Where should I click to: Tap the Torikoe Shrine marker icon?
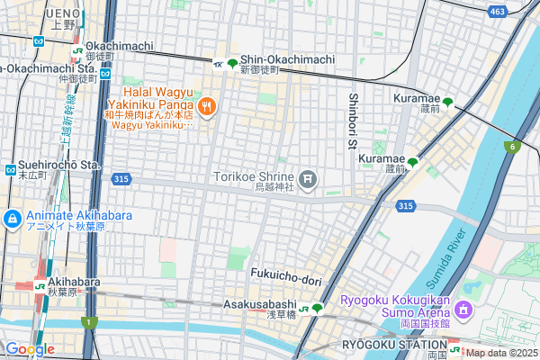309,181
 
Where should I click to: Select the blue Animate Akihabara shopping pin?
13,219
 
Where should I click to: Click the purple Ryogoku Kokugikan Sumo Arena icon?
463,310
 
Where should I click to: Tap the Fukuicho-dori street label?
286,281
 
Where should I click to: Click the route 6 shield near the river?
513,147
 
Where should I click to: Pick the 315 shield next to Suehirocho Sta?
122,180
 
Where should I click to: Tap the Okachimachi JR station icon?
80,50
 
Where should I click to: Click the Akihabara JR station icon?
40,285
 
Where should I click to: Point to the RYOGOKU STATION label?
394,345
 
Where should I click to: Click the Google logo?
30,349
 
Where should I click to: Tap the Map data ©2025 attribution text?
500,353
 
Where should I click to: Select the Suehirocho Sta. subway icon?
9,168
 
